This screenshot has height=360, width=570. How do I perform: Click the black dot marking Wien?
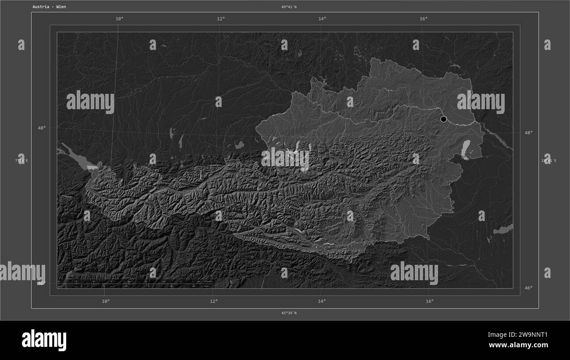click(443, 119)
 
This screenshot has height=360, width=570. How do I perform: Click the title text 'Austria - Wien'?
click(49, 7)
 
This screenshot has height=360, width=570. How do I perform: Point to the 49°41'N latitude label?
click(289, 7)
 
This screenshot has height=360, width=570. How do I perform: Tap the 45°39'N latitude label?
click(289, 313)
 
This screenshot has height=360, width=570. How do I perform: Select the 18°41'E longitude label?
click(549, 161)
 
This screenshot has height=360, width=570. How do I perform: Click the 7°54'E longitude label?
click(21, 161)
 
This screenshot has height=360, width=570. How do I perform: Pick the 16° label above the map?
click(423, 18)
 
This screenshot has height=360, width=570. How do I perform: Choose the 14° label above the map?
click(322, 18)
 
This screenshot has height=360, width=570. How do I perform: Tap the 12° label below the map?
click(214, 301)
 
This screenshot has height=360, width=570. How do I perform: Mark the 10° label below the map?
click(106, 301)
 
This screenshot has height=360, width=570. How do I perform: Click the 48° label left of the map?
click(41, 128)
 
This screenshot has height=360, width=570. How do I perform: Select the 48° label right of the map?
click(528, 132)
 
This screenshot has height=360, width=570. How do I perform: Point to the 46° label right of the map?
click(528, 288)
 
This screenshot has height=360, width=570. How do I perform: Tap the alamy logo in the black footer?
click(44, 340)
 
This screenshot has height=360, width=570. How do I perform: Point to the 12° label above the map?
click(221, 18)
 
